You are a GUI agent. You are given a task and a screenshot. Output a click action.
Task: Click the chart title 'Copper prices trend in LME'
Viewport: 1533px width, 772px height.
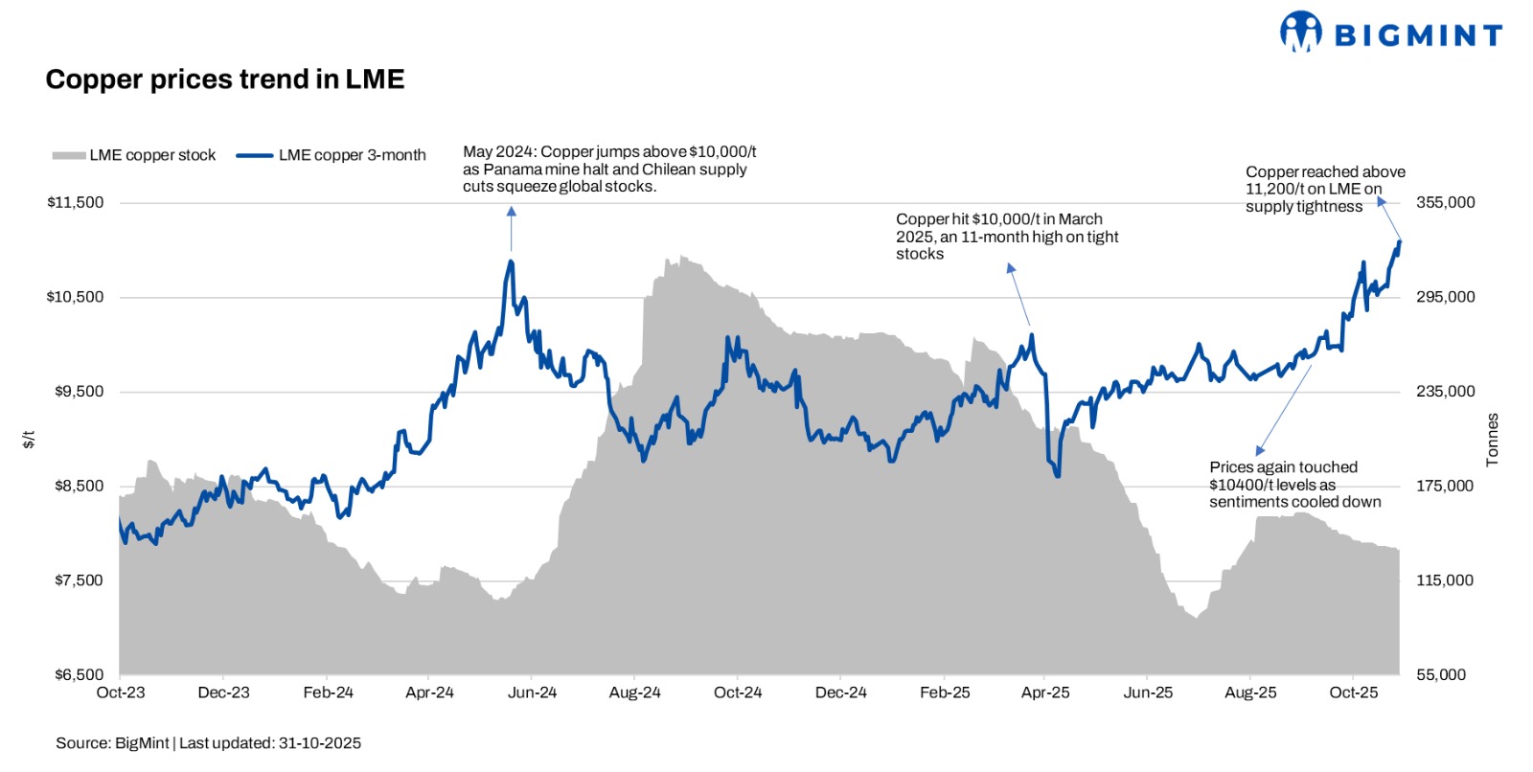coord(225,79)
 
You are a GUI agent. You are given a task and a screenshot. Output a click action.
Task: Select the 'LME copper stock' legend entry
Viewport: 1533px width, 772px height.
coord(134,155)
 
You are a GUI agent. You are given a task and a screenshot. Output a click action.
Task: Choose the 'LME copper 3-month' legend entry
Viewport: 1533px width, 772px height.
coord(332,155)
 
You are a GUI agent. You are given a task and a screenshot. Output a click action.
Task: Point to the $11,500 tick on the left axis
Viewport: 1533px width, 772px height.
coord(76,203)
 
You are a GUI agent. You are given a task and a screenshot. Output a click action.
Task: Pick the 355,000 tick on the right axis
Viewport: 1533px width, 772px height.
coord(1445,203)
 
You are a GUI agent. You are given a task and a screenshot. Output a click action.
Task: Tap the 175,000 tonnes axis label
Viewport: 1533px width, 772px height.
coord(1445,487)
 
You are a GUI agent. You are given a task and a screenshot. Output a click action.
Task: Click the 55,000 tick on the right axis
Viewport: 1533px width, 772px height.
coord(1441,675)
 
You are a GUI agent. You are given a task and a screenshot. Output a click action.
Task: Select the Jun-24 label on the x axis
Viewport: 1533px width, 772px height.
coord(532,693)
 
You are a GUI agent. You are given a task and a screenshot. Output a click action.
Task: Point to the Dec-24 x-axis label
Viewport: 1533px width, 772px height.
coord(840,693)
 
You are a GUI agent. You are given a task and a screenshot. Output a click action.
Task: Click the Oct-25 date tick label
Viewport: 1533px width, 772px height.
coord(1353,693)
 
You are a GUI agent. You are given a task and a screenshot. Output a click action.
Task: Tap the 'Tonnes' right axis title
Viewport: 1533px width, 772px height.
coord(1492,441)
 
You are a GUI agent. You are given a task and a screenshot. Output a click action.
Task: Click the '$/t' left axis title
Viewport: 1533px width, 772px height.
coord(29,440)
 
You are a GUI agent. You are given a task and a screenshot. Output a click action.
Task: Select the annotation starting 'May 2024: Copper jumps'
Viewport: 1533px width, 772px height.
coord(609,170)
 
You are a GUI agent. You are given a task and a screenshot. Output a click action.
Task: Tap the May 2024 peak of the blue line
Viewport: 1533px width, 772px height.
coord(511,261)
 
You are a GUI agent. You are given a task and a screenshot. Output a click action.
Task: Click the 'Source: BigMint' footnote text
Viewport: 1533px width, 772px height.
coord(208,743)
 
